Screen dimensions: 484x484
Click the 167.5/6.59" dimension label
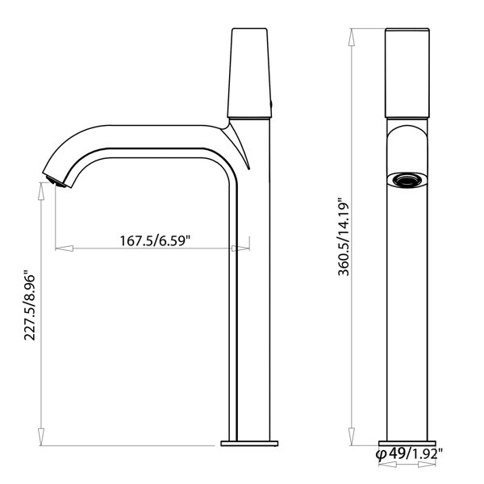tap(155, 240)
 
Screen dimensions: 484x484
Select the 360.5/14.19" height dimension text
tap(344, 236)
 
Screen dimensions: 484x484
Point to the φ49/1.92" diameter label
tap(409, 454)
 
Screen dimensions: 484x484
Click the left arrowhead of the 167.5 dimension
tap(65, 248)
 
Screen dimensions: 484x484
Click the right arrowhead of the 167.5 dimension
tap(240, 248)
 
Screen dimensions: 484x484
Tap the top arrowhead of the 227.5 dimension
tap(41, 191)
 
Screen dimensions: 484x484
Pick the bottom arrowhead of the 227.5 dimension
tap(41, 436)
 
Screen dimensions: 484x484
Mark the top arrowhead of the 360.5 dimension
tap(352, 37)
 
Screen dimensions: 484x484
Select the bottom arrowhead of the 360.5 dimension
tap(352, 436)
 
